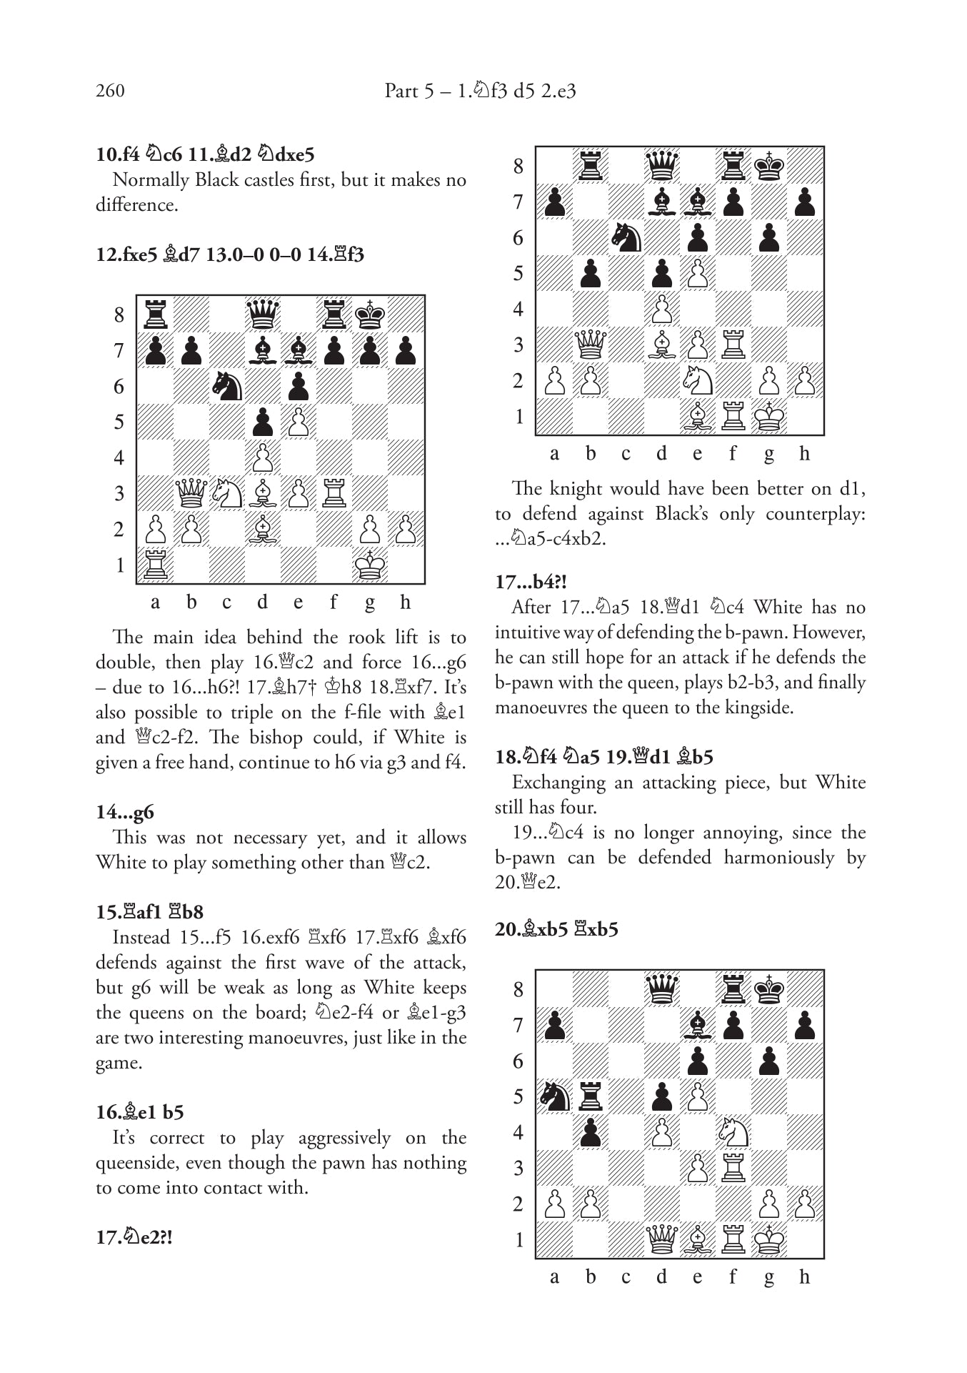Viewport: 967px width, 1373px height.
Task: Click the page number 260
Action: point(110,91)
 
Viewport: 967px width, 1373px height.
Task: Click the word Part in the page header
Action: point(401,91)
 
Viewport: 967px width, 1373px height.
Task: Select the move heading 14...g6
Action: point(125,812)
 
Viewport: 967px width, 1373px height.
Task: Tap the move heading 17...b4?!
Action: point(531,582)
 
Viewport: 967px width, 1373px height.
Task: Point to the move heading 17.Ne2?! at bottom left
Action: point(134,1238)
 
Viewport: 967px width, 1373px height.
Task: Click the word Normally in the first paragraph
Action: point(151,180)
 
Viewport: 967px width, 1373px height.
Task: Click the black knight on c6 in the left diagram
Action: point(227,386)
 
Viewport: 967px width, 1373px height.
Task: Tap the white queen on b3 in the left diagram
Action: point(191,493)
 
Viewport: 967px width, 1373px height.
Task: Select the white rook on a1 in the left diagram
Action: point(155,565)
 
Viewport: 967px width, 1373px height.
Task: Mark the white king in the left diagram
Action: point(369,565)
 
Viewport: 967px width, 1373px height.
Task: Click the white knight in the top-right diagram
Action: point(698,380)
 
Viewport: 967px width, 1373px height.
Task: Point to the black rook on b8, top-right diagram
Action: point(591,166)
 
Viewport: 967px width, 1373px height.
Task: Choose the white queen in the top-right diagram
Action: point(591,345)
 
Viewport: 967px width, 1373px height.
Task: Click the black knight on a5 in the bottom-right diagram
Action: point(555,1096)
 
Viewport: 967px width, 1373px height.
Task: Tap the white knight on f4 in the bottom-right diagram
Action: point(733,1132)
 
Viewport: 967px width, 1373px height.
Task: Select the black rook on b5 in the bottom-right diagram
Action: point(591,1096)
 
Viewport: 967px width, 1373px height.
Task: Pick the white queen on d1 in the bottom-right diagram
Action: point(662,1239)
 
